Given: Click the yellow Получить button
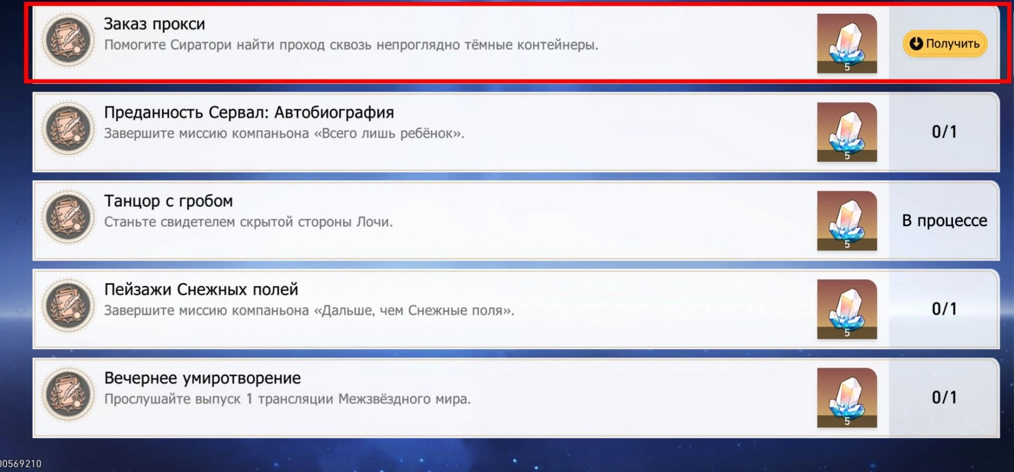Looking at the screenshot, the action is (945, 43).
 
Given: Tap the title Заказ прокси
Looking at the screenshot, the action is (154, 24).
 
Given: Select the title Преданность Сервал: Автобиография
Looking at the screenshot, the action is (249, 112).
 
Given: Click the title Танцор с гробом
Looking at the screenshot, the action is (168, 201).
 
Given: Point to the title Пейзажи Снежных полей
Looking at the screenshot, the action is (201, 290).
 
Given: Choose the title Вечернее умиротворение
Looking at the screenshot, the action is (202, 378).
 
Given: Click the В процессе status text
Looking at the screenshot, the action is (944, 220).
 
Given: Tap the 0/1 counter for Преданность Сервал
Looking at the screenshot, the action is (944, 132).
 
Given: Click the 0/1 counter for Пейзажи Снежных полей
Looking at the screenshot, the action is (944, 309).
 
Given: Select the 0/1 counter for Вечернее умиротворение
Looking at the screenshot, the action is (944, 398).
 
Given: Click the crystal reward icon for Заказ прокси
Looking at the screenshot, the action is (847, 43).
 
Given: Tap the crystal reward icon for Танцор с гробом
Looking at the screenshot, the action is (847, 220).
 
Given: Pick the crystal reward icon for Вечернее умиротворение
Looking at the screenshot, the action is (847, 398).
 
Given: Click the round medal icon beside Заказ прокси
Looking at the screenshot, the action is (69, 40).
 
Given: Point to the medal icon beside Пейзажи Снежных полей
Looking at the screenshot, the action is (69, 306).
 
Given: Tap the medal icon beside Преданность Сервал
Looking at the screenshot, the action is (69, 129).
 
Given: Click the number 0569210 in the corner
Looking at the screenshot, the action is (21, 464).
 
